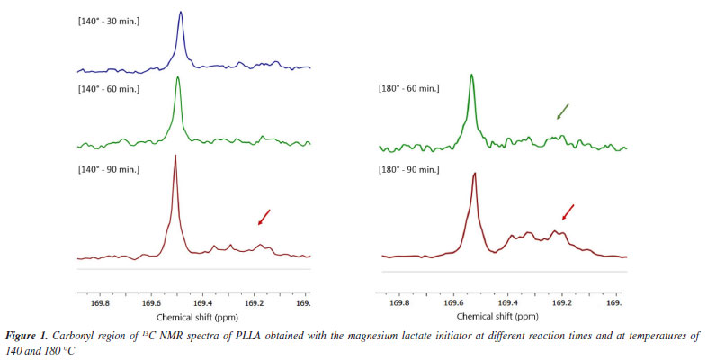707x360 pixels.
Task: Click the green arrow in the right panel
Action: pyautogui.click(x=562, y=111)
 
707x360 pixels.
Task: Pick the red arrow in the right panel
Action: pyautogui.click(x=567, y=211)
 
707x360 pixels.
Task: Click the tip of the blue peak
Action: pyautogui.click(x=182, y=13)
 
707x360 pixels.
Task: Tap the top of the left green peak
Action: pyautogui.click(x=178, y=77)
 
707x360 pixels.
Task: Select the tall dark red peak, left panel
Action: pyautogui.click(x=175, y=157)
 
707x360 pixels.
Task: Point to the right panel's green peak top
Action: pyautogui.click(x=471, y=76)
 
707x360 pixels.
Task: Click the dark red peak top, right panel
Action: pyautogui.click(x=474, y=174)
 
